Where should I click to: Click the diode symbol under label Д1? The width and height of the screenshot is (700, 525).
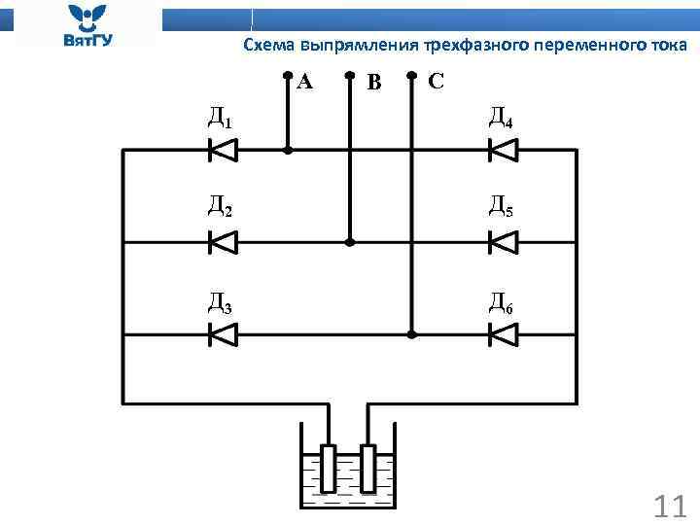[x=224, y=150]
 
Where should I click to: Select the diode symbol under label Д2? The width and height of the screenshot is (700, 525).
[x=224, y=242]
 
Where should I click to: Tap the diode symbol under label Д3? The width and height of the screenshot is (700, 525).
[x=224, y=334]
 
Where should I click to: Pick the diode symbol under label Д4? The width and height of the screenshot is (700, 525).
[x=503, y=150]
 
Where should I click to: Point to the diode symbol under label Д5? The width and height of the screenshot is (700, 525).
[x=503, y=242]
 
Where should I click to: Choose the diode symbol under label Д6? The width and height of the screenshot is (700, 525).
[x=503, y=334]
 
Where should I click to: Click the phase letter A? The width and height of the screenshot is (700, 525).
[x=305, y=81]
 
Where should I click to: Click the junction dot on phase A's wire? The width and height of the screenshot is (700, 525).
[x=287, y=151]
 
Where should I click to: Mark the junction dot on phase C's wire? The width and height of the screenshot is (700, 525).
[x=411, y=334]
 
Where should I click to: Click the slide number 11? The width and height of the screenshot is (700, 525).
[x=670, y=507]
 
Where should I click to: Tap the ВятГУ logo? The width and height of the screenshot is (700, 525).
[x=88, y=25]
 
